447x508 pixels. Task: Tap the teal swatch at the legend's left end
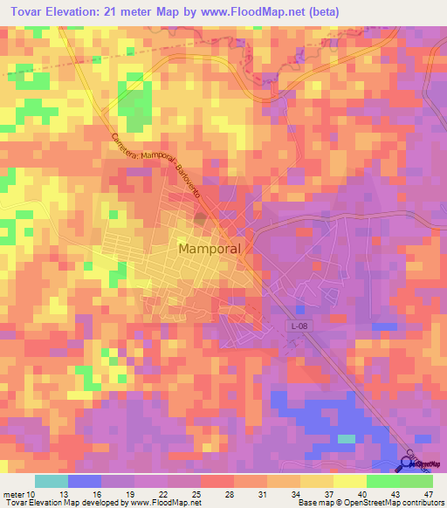[x=52, y=481]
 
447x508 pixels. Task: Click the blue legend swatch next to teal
[x=85, y=481]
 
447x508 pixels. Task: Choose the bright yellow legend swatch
[x=349, y=481]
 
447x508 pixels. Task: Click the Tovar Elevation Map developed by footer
[x=61, y=503]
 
